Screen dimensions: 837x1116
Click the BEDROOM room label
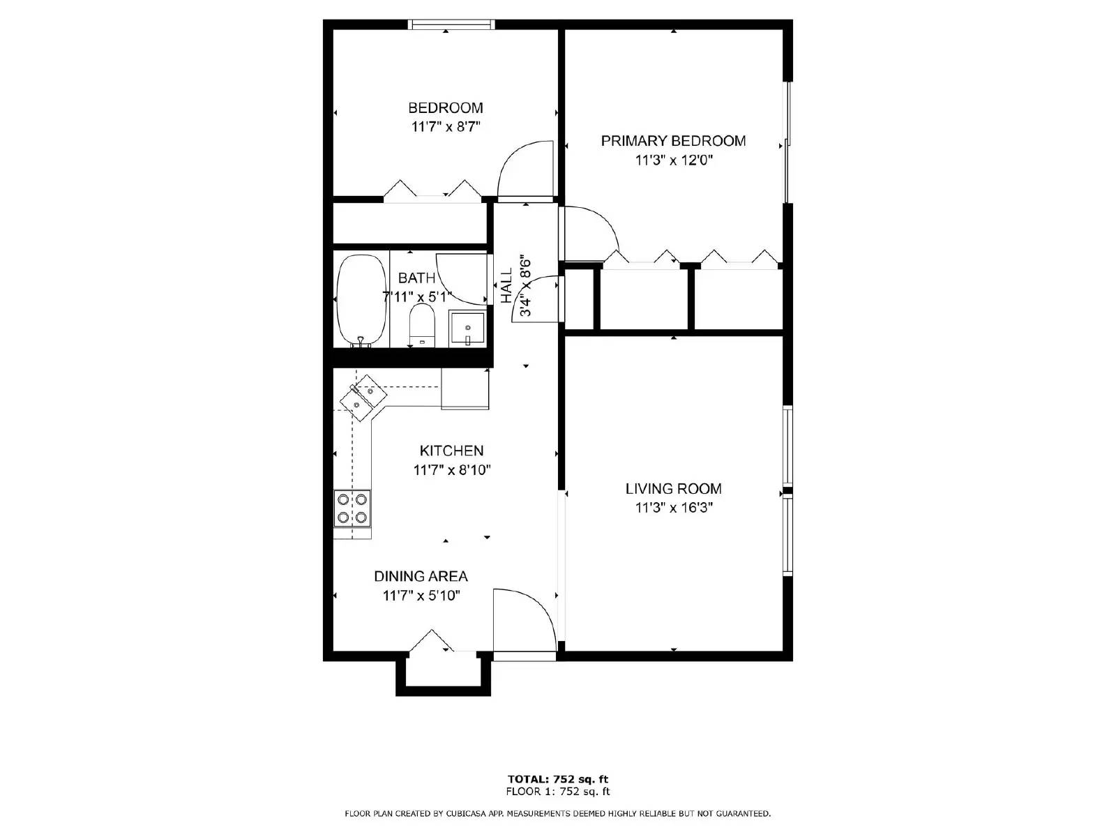point(445,108)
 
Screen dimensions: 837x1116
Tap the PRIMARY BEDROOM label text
point(673,141)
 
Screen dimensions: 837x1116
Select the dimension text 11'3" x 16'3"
point(673,508)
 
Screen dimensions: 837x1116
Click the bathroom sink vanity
point(467,328)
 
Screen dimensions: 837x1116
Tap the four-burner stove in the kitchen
point(352,508)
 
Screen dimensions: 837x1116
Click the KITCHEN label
point(451,451)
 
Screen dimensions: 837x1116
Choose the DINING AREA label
point(421,576)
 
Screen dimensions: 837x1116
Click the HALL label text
point(506,286)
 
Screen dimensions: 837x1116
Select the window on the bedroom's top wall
point(451,25)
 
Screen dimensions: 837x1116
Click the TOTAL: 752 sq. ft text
point(557,779)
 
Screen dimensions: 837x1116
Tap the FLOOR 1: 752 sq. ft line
point(557,791)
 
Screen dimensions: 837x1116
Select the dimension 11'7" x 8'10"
point(451,470)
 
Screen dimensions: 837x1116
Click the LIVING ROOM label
point(673,489)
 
